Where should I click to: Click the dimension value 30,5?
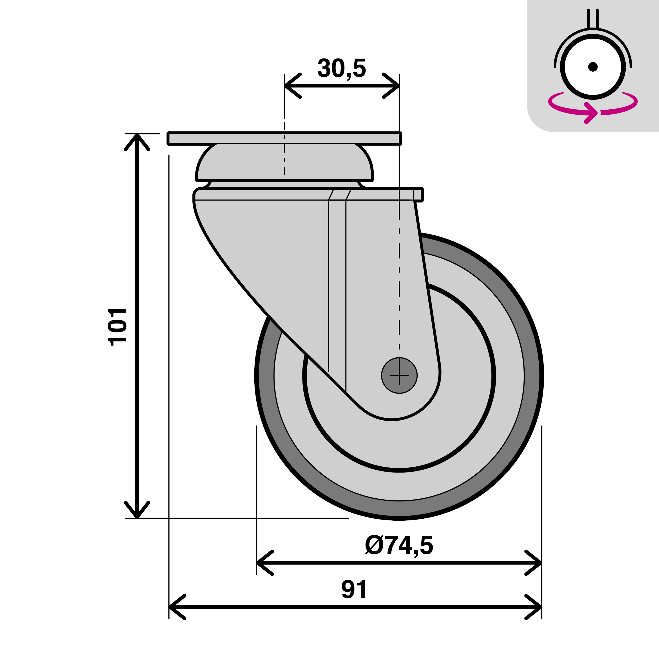[x=341, y=68]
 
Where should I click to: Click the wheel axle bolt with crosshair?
[x=399, y=376]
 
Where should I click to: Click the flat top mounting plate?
[x=284, y=138]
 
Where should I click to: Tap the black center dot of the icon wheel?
[x=593, y=67]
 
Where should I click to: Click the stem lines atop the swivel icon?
[x=593, y=18]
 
